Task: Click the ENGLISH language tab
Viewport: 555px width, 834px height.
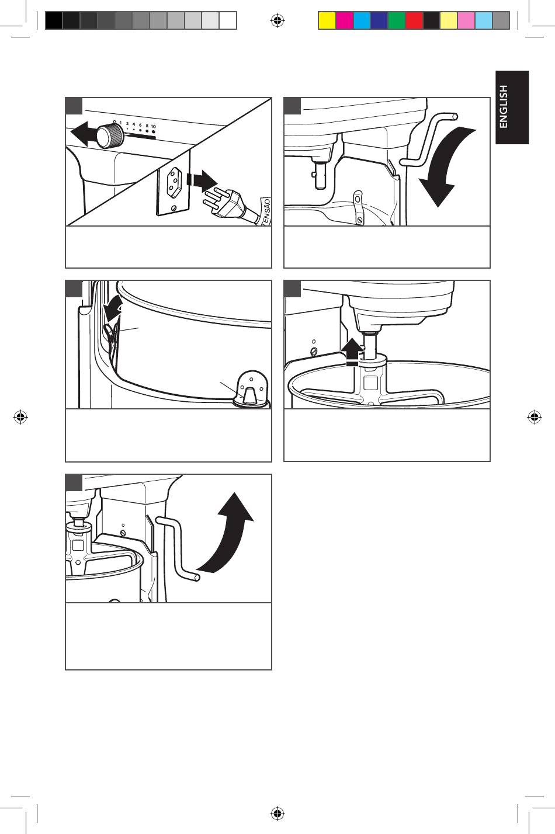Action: click(x=512, y=107)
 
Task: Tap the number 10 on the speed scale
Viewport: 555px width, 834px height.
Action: click(x=153, y=127)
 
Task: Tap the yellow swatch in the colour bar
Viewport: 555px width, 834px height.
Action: click(x=327, y=20)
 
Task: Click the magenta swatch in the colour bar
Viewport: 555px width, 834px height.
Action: click(x=344, y=20)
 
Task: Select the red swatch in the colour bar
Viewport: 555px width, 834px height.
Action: click(x=414, y=20)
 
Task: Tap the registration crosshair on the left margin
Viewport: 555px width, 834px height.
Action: click(x=20, y=417)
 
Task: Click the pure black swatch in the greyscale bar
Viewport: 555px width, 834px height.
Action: click(x=54, y=20)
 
